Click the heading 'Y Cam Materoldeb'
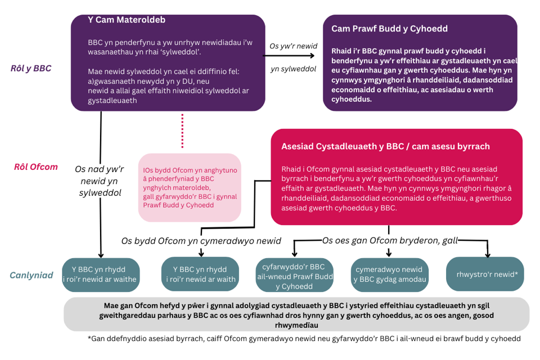click(127, 20)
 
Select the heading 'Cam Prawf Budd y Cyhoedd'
click(389, 29)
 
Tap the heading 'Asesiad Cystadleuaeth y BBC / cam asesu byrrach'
click(385, 146)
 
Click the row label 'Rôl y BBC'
click(31, 68)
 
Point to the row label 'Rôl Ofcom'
click(35, 167)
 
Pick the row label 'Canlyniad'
click(31, 275)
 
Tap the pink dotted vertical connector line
click(182, 131)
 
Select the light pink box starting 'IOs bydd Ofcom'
click(190, 187)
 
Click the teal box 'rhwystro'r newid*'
click(484, 274)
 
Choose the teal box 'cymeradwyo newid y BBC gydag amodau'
click(389, 274)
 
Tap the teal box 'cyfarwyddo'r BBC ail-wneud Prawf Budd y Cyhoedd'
click(294, 274)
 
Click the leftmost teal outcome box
click(100, 274)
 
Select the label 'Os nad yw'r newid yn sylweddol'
click(99, 181)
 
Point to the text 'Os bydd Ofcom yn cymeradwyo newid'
click(201, 241)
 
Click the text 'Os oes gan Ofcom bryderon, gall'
click(390, 240)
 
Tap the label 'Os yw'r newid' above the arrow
click(293, 46)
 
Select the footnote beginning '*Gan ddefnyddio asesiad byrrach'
click(304, 339)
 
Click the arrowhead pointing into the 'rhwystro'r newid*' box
click(488, 254)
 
